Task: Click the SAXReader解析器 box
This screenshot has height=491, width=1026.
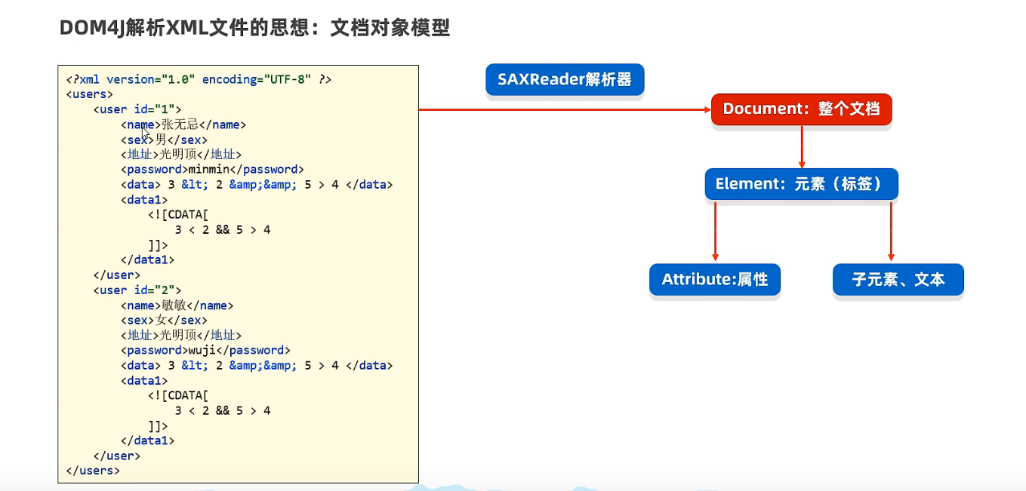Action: (565, 80)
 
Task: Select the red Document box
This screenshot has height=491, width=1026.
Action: (802, 109)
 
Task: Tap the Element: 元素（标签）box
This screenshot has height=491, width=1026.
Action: (802, 184)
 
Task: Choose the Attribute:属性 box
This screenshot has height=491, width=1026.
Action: (715, 279)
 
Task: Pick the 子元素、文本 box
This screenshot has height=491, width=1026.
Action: (898, 279)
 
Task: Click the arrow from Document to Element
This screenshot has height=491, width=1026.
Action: (802, 147)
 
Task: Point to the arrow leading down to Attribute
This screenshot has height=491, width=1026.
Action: (716, 232)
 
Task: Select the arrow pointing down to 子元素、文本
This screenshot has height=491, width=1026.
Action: (891, 232)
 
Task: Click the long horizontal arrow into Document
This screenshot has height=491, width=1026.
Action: (565, 110)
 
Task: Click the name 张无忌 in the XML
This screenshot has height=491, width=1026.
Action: (180, 124)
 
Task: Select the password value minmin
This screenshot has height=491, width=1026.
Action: (209, 169)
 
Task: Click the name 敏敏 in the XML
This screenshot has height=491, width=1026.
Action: (174, 305)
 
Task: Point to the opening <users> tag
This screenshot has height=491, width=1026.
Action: (89, 94)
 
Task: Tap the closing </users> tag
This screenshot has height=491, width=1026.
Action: (93, 471)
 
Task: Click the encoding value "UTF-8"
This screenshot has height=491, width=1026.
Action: (287, 79)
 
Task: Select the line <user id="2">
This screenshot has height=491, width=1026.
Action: (137, 290)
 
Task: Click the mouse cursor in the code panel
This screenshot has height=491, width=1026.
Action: (145, 133)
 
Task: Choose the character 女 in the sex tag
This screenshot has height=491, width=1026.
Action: (161, 321)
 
